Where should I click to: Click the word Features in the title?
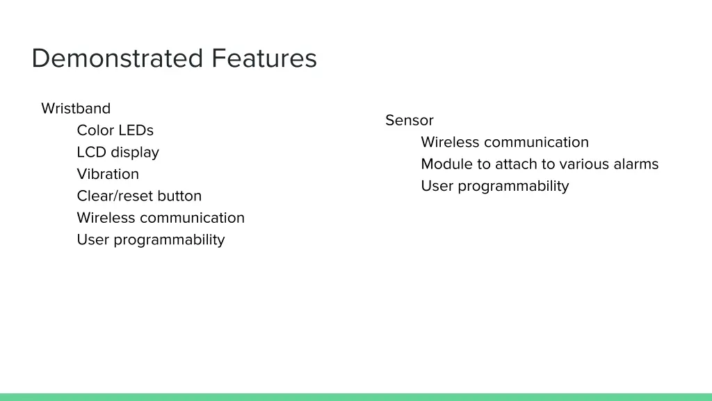coord(264,58)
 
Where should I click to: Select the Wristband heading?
coord(76,109)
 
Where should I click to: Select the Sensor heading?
coord(410,120)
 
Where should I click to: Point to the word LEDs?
coord(136,130)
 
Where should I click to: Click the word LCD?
coord(91,152)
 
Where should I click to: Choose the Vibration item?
coord(108,174)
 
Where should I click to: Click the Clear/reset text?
coord(115,196)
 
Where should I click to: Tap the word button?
coord(179,196)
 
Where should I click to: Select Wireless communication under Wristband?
coord(161,218)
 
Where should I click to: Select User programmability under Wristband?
coord(151,240)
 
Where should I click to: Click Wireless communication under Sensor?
coord(505,143)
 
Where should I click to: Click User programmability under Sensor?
coord(495,187)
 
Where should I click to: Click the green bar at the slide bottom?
coord(356,397)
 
